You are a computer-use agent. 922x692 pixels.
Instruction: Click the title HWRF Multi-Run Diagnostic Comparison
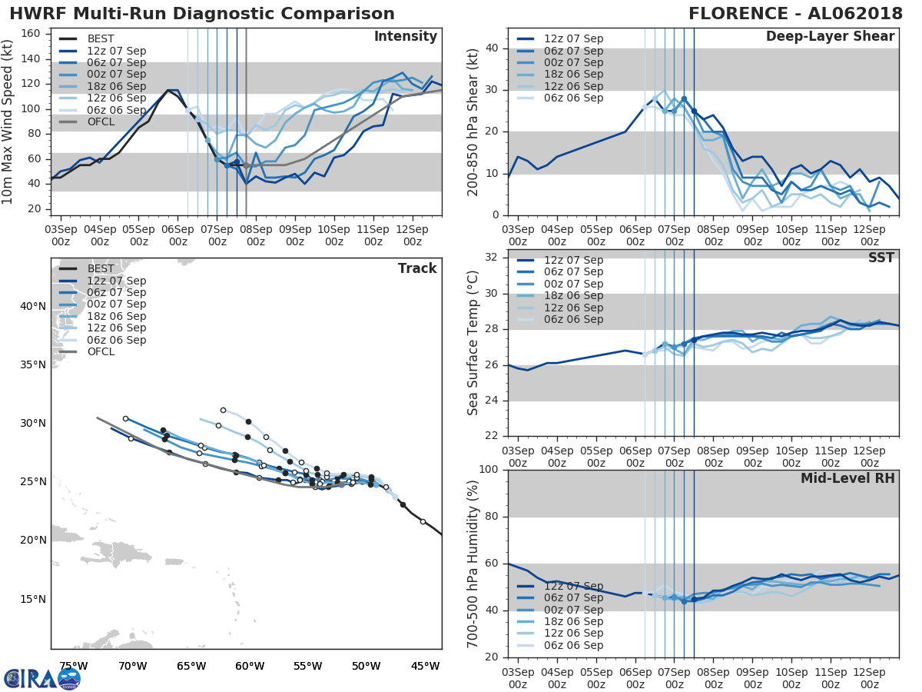click(202, 14)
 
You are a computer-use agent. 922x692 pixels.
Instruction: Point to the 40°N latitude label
click(33, 306)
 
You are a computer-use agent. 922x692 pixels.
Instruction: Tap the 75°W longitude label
click(73, 666)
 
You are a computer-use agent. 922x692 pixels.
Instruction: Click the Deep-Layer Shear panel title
click(830, 37)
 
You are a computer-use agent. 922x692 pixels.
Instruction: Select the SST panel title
click(881, 258)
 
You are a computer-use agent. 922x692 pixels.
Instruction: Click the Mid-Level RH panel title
click(847, 478)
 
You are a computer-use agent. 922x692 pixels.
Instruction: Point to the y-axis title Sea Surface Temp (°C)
click(473, 343)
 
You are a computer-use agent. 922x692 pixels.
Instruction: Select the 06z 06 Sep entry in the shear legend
click(573, 98)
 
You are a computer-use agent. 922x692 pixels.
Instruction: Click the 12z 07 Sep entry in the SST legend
click(573, 261)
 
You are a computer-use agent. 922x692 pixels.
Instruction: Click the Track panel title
click(416, 268)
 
